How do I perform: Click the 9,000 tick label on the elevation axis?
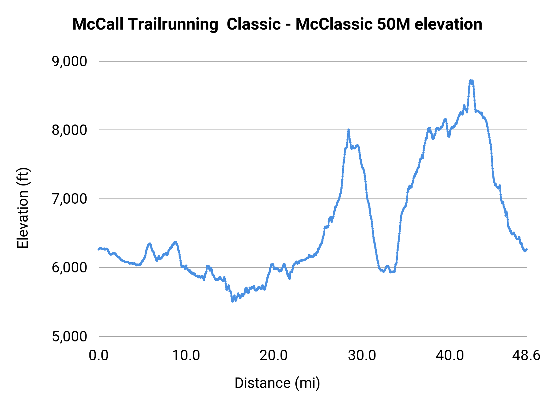[x=69, y=61]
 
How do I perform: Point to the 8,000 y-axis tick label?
[x=69, y=130]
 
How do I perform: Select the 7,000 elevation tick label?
[x=69, y=199]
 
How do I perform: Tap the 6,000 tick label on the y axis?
[x=69, y=267]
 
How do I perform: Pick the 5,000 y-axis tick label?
[x=69, y=336]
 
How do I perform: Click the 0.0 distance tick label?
[x=99, y=356]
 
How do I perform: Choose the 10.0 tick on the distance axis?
[x=186, y=356]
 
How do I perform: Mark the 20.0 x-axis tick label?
[x=273, y=356]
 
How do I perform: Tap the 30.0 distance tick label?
[x=362, y=356]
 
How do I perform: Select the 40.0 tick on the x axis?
[x=450, y=356]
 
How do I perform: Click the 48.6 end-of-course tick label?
[x=526, y=356]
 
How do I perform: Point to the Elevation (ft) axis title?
[x=23, y=208]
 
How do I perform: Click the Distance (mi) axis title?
[x=277, y=383]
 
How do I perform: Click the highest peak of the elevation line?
[x=471, y=80]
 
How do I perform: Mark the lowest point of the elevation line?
[x=232, y=301]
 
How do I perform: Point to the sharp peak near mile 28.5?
[x=348, y=130]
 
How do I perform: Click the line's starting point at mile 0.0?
[x=99, y=249]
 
